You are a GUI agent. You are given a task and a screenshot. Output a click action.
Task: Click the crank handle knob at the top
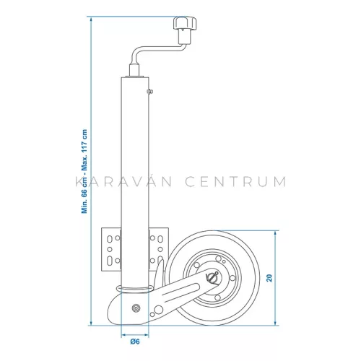[185, 23]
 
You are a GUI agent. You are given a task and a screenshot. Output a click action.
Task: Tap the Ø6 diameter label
[135, 342]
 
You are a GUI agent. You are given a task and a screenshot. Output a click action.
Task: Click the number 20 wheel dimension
[269, 278]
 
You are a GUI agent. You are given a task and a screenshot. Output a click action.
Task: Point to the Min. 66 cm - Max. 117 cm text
[84, 171]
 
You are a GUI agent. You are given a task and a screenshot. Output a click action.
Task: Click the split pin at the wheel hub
[212, 277]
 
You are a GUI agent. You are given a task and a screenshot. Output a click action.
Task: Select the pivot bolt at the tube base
[136, 308]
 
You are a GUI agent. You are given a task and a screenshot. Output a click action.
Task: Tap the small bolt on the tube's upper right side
[150, 92]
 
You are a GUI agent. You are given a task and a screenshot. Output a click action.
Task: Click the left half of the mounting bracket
[111, 249]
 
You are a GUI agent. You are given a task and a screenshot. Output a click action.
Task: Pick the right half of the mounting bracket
[159, 249]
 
